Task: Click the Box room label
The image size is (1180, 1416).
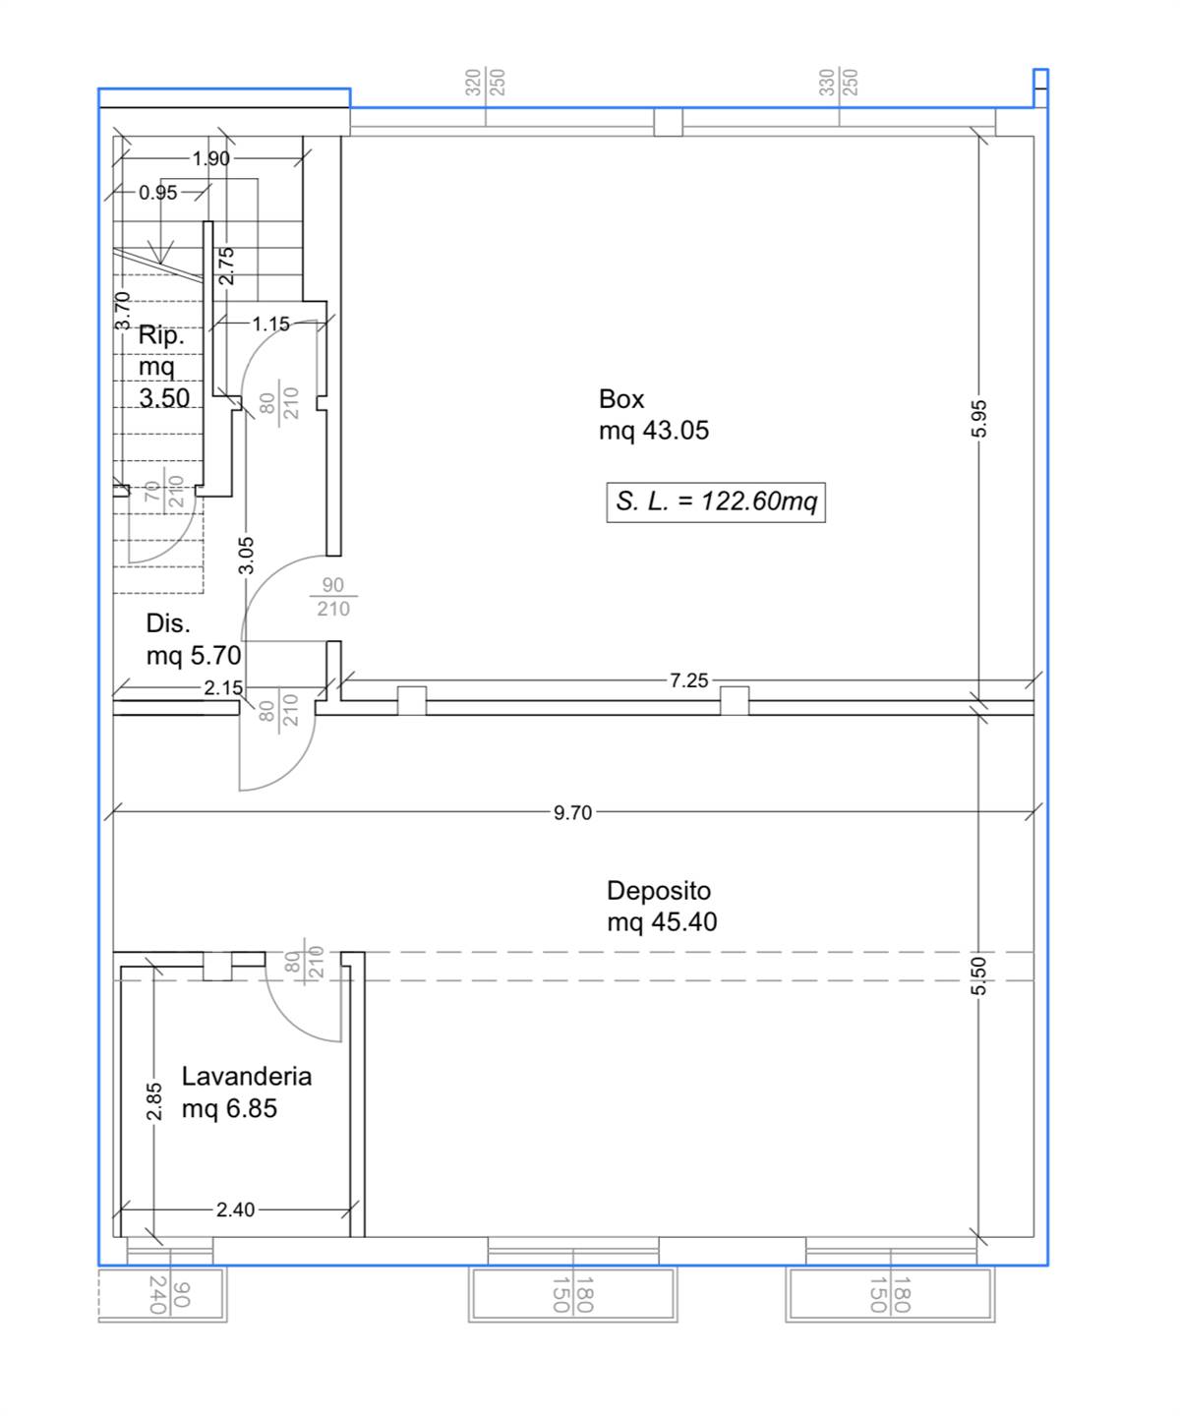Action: tap(653, 414)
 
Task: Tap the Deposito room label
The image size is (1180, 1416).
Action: tap(661, 906)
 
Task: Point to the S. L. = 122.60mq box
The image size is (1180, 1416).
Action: tap(716, 501)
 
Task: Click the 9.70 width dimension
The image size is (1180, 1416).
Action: tap(572, 812)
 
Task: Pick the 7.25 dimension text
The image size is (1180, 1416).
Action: tap(688, 680)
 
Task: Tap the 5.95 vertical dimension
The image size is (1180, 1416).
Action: tap(978, 419)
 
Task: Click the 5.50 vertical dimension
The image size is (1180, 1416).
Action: tap(978, 975)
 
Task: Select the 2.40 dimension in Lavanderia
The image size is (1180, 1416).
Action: tap(235, 1209)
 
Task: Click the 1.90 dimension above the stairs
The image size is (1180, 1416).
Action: tap(210, 158)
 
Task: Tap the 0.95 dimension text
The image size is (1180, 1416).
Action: tap(157, 193)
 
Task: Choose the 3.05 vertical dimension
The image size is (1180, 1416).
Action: tap(246, 555)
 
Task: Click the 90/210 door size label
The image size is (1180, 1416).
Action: tap(333, 597)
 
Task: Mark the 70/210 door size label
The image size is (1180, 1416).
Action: tap(164, 491)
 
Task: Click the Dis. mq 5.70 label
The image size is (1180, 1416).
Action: tap(194, 639)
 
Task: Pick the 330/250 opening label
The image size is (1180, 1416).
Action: tap(839, 83)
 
